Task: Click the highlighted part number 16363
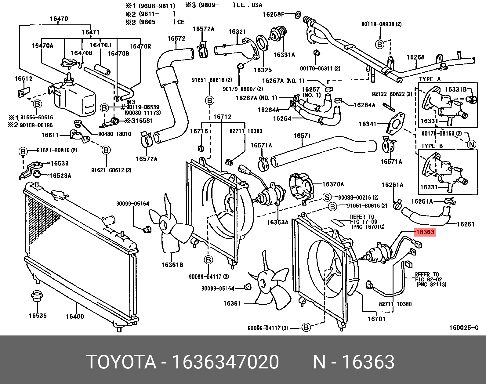click(425, 232)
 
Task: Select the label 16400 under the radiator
click(75, 317)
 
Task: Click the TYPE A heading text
click(430, 79)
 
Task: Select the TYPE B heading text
click(432, 146)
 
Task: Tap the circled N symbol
click(472, 144)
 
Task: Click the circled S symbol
click(327, 197)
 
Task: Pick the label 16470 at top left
click(59, 19)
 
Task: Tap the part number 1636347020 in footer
click(225, 362)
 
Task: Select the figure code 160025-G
click(463, 328)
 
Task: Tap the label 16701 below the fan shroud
click(376, 319)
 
